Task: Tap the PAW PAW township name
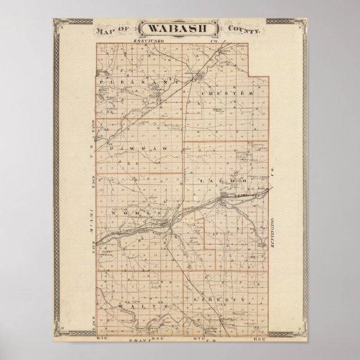(x=131, y=149)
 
